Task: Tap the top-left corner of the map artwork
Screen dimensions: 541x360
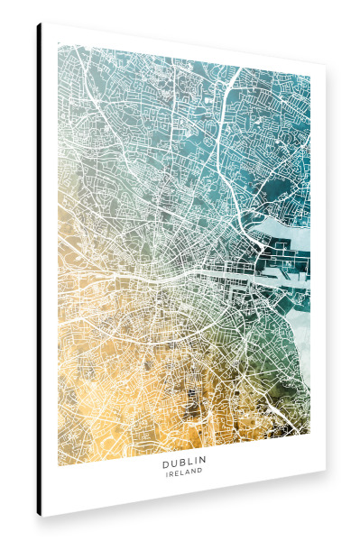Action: [59, 42]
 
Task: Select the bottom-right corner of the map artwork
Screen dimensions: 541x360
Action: [309, 448]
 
